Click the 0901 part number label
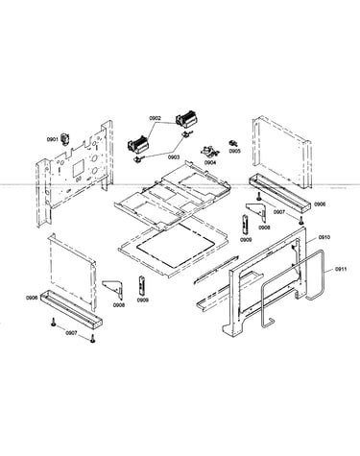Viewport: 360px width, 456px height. (x=52, y=139)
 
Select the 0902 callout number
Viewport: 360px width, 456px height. (x=155, y=118)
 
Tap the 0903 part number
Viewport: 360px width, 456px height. (x=175, y=157)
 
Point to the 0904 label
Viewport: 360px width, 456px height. (x=210, y=162)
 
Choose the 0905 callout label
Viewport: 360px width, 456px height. (x=235, y=151)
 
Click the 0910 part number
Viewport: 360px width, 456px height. (x=324, y=237)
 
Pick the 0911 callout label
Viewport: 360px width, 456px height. (x=341, y=269)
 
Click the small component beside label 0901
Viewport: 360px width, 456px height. (x=66, y=139)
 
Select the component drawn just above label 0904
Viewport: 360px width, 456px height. (x=209, y=152)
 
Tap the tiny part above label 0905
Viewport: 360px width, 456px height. (x=232, y=142)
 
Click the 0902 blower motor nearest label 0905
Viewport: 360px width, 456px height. (x=186, y=118)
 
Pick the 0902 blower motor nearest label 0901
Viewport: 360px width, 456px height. (x=138, y=146)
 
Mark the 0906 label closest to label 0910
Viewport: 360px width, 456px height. (x=320, y=204)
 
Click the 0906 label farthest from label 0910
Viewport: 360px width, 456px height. (x=32, y=298)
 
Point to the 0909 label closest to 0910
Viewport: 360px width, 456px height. (x=247, y=240)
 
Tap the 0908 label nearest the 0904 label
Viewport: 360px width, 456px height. (x=264, y=228)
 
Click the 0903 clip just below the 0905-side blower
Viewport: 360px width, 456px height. (x=185, y=133)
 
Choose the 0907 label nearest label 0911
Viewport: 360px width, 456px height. (x=279, y=212)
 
